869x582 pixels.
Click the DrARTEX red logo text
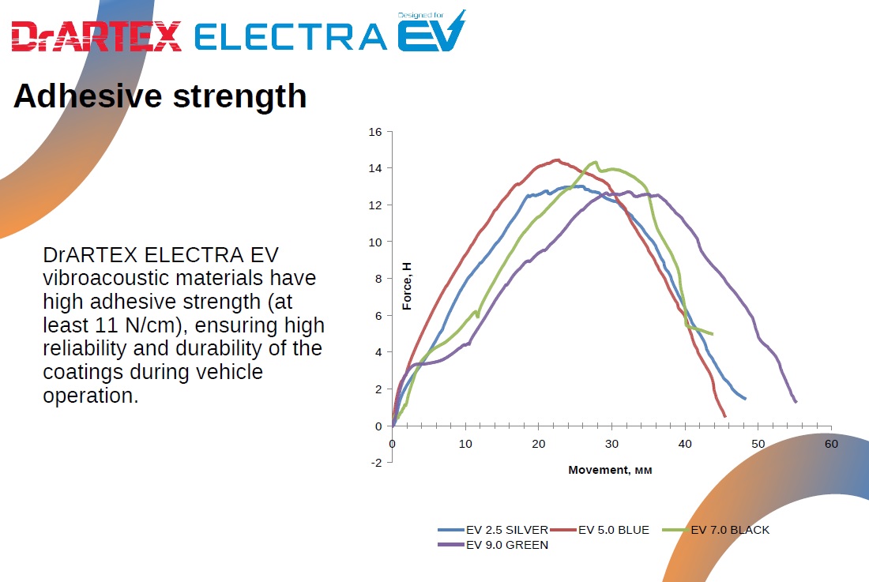click(x=96, y=36)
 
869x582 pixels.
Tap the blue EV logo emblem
click(x=431, y=33)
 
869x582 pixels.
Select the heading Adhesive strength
click(x=160, y=96)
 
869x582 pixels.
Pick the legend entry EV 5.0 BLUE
click(x=613, y=530)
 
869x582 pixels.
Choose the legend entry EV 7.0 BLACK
click(x=729, y=530)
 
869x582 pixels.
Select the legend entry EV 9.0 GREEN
click(x=506, y=545)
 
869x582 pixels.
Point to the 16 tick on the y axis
click(x=375, y=132)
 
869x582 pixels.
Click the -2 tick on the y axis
click(x=377, y=463)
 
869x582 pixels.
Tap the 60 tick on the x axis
click(x=831, y=444)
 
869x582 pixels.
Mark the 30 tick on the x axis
click(x=611, y=444)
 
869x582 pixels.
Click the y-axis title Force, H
click(x=408, y=287)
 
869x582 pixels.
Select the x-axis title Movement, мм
click(x=610, y=470)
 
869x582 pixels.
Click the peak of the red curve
click(x=557, y=160)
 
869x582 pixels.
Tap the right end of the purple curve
click(x=796, y=402)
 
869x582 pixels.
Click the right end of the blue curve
click(x=745, y=398)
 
